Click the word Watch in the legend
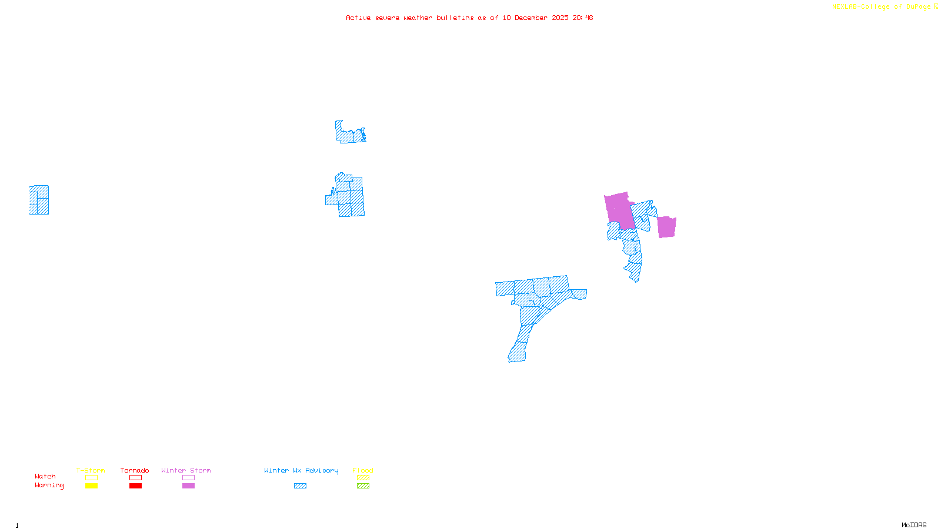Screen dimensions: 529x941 tap(45, 477)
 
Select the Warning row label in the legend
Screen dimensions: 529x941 tap(49, 486)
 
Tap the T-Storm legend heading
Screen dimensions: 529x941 tap(91, 470)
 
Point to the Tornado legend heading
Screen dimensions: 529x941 tap(135, 470)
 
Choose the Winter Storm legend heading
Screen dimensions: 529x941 tap(186, 470)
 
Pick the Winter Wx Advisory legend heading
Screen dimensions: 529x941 tap(301, 470)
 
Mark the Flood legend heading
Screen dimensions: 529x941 tap(363, 470)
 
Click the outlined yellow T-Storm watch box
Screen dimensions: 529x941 tap(91, 478)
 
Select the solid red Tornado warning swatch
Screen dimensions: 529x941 tap(135, 486)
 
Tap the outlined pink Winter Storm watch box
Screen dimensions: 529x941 tap(188, 478)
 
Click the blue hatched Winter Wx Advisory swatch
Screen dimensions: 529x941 tap(300, 486)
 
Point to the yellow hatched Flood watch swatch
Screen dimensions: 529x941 tap(363, 478)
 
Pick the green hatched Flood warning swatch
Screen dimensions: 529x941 tap(363, 486)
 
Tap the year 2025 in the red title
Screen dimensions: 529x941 tap(560, 18)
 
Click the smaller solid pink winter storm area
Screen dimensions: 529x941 tap(666, 227)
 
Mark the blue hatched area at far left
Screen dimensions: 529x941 tap(39, 200)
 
